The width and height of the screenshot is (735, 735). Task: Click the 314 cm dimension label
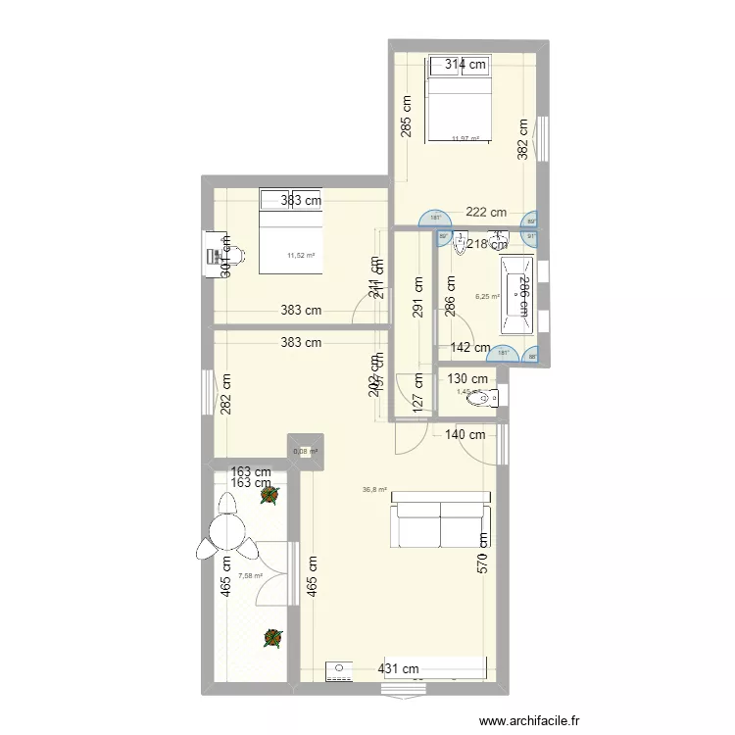[465, 65]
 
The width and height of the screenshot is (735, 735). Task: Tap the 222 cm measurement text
[486, 212]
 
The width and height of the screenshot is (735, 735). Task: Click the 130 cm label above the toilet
[467, 379]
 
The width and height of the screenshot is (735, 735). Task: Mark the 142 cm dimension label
[470, 347]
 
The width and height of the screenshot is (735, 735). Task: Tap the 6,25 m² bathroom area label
[487, 295]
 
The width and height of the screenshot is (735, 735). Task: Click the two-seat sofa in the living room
[440, 518]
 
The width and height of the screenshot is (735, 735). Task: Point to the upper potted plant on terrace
[268, 497]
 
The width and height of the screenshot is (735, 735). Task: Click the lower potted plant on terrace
[270, 638]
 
